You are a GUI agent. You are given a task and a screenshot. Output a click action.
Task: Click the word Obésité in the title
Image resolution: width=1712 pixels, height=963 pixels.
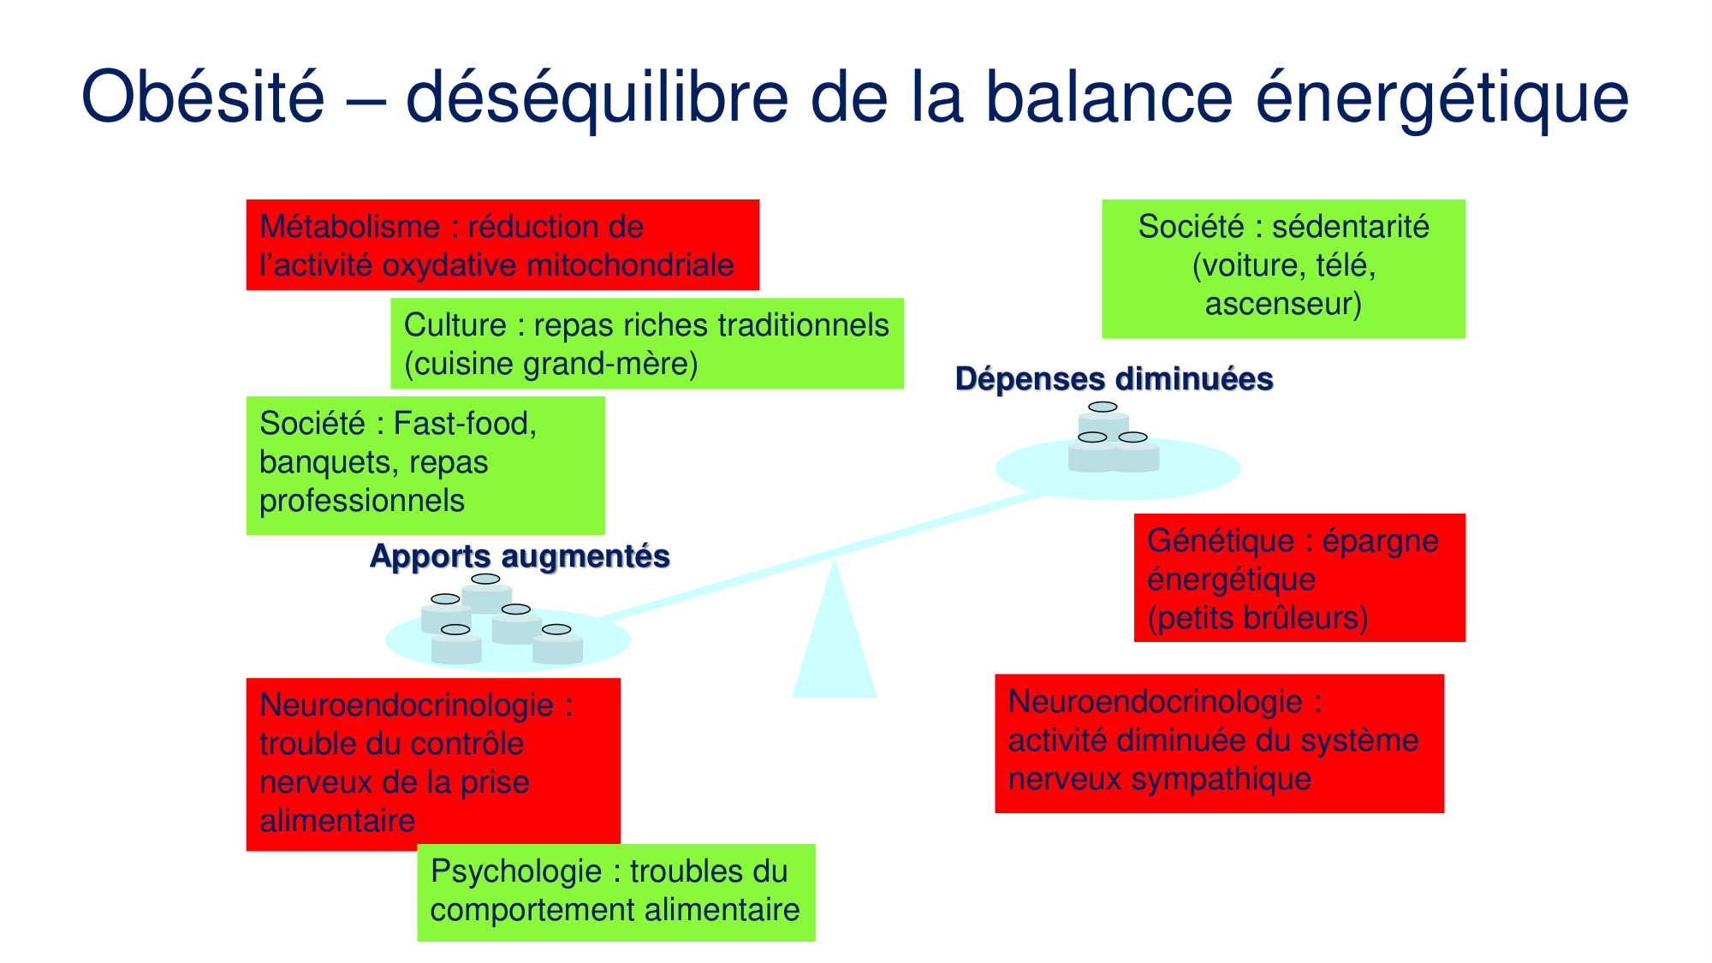(203, 97)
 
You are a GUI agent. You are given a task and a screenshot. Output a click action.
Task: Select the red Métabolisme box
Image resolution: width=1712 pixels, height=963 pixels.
(502, 245)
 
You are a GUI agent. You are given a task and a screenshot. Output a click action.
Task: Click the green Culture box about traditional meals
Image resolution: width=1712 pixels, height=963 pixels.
(646, 343)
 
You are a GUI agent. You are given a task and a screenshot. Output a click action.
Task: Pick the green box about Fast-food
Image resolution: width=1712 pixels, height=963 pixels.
(425, 465)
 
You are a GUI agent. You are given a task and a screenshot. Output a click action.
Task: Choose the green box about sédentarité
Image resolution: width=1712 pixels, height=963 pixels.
(1282, 269)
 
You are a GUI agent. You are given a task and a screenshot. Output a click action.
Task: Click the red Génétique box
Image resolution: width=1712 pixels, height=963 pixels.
(1299, 578)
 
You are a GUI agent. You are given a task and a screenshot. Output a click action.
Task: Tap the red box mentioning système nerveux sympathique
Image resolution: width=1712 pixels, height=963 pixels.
(1218, 743)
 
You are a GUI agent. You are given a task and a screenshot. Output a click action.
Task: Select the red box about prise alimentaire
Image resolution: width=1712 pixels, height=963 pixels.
(432, 764)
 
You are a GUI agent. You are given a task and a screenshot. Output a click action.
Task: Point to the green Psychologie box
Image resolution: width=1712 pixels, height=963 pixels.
(615, 892)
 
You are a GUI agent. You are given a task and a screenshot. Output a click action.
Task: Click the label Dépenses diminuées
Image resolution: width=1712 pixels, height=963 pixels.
(1114, 378)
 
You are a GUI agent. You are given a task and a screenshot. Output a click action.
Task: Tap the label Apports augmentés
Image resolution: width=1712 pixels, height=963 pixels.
(520, 556)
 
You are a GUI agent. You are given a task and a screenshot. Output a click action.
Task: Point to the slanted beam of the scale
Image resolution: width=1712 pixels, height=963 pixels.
(822, 556)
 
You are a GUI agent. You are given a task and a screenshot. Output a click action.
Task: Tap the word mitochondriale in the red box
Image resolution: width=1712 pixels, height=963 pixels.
(630, 265)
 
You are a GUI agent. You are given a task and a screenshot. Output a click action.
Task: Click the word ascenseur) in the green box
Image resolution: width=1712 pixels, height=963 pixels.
(1282, 305)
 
